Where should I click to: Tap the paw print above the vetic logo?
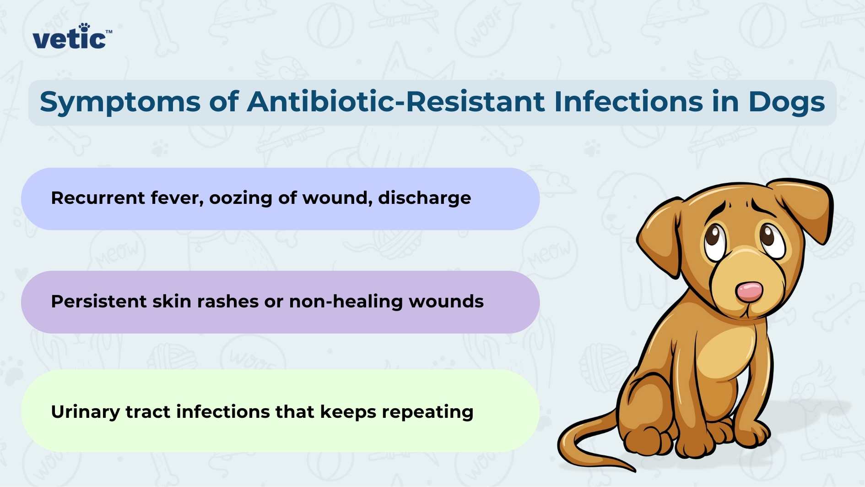point(84,27)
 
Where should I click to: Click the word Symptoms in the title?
point(120,103)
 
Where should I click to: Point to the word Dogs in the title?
point(786,103)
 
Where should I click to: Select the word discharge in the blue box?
point(424,198)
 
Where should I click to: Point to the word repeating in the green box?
point(427,412)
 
